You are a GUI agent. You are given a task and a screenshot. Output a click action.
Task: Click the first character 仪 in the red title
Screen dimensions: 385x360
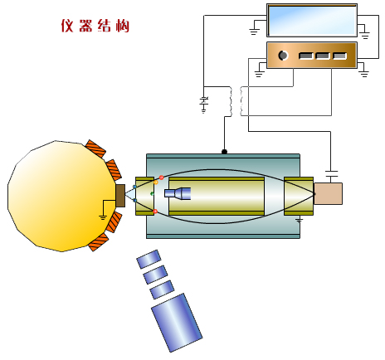67,26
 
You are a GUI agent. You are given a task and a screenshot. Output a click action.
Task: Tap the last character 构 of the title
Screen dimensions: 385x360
123,26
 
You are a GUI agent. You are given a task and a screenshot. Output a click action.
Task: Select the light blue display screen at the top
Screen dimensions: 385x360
312,20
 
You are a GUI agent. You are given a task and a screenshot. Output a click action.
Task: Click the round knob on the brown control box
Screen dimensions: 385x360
283,56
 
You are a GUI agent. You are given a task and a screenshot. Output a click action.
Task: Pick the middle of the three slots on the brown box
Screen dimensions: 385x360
323,56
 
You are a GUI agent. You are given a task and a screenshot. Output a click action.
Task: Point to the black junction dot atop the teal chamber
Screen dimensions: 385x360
224,152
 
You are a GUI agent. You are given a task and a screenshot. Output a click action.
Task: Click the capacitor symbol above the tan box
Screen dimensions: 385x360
331,173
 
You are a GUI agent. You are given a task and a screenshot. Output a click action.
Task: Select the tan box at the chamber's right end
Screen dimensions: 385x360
328,193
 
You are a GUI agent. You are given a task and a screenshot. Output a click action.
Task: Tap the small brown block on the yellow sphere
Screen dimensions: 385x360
120,196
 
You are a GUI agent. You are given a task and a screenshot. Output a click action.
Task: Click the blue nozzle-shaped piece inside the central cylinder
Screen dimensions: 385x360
178,193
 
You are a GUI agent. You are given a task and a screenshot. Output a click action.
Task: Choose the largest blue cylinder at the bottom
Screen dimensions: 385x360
177,323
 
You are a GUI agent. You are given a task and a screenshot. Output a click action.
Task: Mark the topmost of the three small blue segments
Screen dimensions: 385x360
149,259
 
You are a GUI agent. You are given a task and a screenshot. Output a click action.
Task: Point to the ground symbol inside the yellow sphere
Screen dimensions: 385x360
103,217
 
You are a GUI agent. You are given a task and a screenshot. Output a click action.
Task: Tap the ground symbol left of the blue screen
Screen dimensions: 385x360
254,32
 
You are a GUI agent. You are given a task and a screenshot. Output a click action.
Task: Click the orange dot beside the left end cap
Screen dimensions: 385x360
156,182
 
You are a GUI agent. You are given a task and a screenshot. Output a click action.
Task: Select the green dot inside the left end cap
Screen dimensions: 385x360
152,193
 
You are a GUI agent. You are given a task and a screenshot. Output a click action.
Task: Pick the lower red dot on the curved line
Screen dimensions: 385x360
155,212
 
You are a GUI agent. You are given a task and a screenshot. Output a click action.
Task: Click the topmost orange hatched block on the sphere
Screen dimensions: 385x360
95,148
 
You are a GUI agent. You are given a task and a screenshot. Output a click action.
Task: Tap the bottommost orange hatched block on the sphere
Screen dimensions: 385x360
98,242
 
